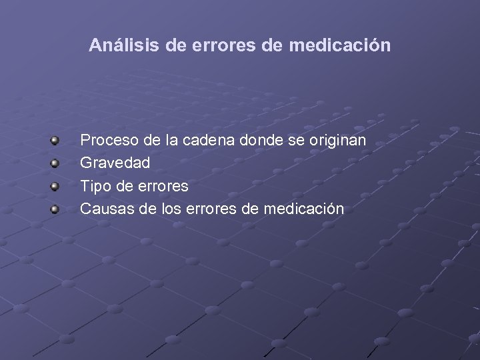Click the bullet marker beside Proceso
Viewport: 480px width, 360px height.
coord(57,141)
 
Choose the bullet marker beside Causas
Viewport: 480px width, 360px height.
coord(57,209)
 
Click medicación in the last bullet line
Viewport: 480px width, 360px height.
coord(303,209)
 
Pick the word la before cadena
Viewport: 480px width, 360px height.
coord(169,141)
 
